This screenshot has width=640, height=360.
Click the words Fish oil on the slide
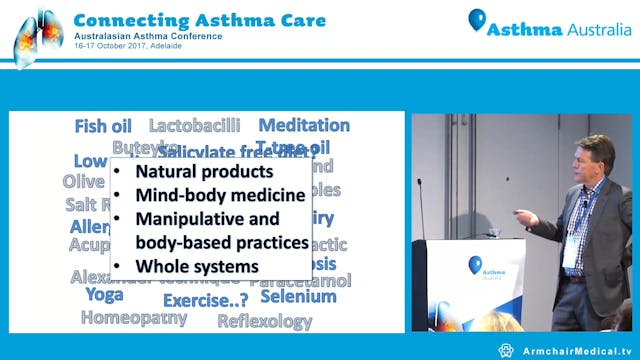tap(104, 126)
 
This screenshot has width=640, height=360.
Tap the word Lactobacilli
tap(194, 126)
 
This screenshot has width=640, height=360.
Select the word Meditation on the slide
tap(304, 126)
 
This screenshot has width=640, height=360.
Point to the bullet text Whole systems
tap(197, 267)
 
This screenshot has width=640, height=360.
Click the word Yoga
tap(103, 295)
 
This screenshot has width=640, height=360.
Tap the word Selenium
tap(298, 296)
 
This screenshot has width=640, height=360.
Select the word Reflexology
tap(265, 321)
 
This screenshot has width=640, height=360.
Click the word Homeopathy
tap(133, 318)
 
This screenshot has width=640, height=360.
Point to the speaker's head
tap(595, 155)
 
